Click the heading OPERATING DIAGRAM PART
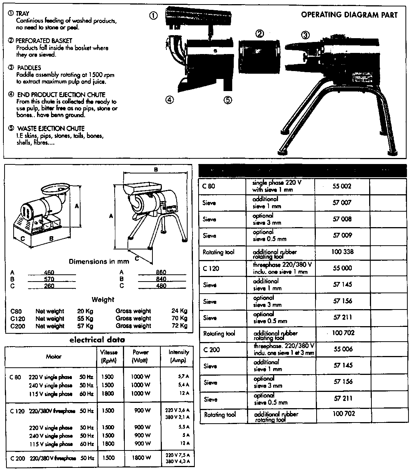tap(349, 15)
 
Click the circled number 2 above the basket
tap(260, 34)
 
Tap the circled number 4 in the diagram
tap(170, 100)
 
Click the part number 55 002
tap(342, 186)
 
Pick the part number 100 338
tap(342, 252)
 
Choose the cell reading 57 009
tap(342, 235)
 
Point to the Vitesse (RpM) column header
tap(109, 356)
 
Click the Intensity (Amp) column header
tap(179, 356)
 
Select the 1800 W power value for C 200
tap(141, 458)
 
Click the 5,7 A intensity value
tap(183, 377)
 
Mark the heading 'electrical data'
tap(97, 340)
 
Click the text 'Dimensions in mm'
tap(99, 262)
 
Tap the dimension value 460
tap(49, 272)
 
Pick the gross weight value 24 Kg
tap(179, 311)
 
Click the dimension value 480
tap(161, 286)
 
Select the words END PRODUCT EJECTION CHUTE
tap(61, 94)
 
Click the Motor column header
tap(53, 356)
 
